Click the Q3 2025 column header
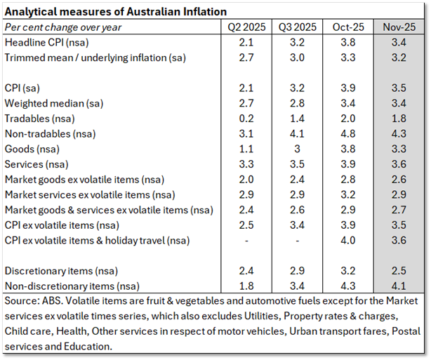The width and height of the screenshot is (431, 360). point(296,27)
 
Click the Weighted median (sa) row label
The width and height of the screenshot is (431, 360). point(54,103)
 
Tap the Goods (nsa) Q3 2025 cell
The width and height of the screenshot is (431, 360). point(296,149)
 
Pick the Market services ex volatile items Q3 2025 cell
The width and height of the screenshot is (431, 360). point(296,194)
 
